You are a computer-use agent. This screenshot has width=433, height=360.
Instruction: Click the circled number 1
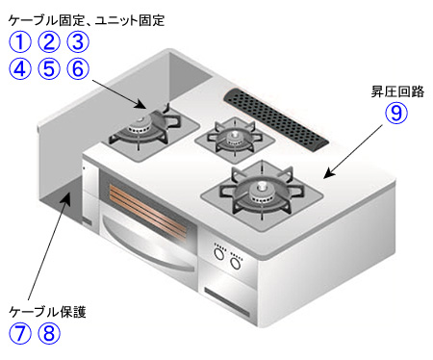20,42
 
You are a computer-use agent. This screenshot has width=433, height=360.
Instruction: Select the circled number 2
50,42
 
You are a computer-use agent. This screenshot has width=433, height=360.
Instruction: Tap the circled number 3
80,42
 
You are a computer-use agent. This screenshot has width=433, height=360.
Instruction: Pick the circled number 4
20,69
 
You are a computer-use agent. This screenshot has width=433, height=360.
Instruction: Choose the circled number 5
50,69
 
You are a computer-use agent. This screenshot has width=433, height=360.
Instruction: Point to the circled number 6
80,69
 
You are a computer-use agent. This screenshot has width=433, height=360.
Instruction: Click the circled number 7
20,334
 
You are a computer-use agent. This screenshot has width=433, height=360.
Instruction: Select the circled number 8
50,334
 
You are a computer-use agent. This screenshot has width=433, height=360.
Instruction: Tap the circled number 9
395,113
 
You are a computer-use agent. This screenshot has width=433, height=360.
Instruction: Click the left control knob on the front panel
219,256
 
